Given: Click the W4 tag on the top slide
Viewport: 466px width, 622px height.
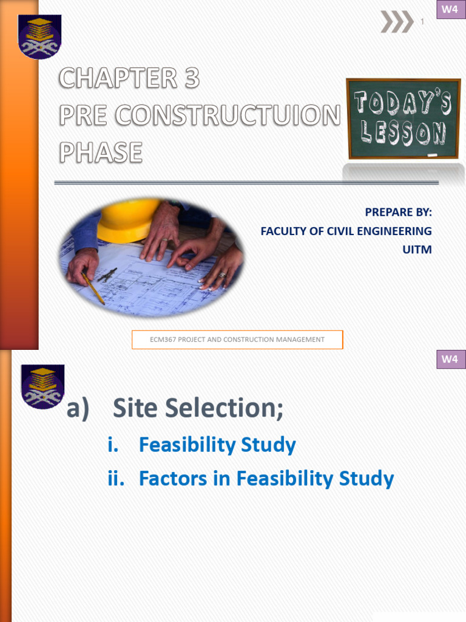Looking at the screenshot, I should [x=450, y=10].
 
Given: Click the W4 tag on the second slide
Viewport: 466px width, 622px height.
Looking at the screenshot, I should [x=450, y=359].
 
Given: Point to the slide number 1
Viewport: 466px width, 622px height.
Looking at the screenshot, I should [x=422, y=22].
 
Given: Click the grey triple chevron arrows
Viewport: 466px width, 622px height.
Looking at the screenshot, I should [x=396, y=22].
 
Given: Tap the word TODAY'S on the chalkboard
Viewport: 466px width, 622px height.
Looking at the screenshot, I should [x=403, y=104].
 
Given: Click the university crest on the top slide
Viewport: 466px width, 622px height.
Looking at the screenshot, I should [x=40, y=36].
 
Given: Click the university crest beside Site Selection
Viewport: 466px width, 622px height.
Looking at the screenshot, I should [x=42, y=386].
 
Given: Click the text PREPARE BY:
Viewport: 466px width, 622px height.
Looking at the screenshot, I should [x=398, y=212].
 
